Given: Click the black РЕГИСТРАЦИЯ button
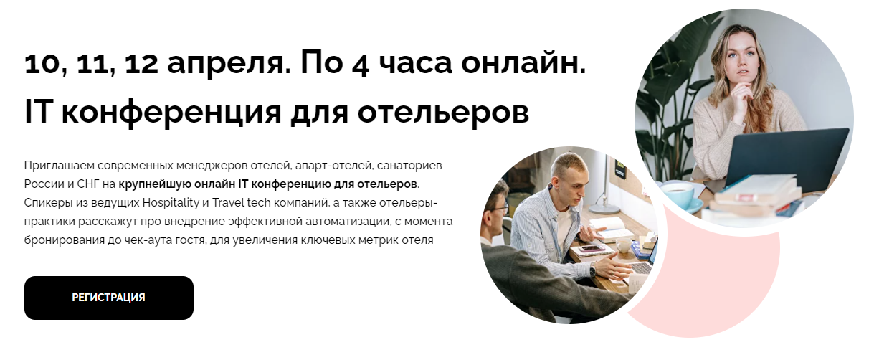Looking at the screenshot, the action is pyautogui.click(x=109, y=298).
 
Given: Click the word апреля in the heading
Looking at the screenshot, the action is pyautogui.click(x=229, y=65).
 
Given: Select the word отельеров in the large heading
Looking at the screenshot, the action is pyautogui.click(x=443, y=113).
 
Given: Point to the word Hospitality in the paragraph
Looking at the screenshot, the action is pyautogui.click(x=171, y=203).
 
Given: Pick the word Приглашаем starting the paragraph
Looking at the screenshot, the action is pyautogui.click(x=60, y=166).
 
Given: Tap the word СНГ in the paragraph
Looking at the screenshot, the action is pyautogui.click(x=88, y=184).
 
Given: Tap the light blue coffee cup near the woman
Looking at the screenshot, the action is pyautogui.click(x=679, y=194).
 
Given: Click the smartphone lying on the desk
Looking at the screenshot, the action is pyautogui.click(x=592, y=248).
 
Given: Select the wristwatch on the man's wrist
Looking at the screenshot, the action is pyautogui.click(x=593, y=270).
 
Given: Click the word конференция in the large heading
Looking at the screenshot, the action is pyautogui.click(x=171, y=113).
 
